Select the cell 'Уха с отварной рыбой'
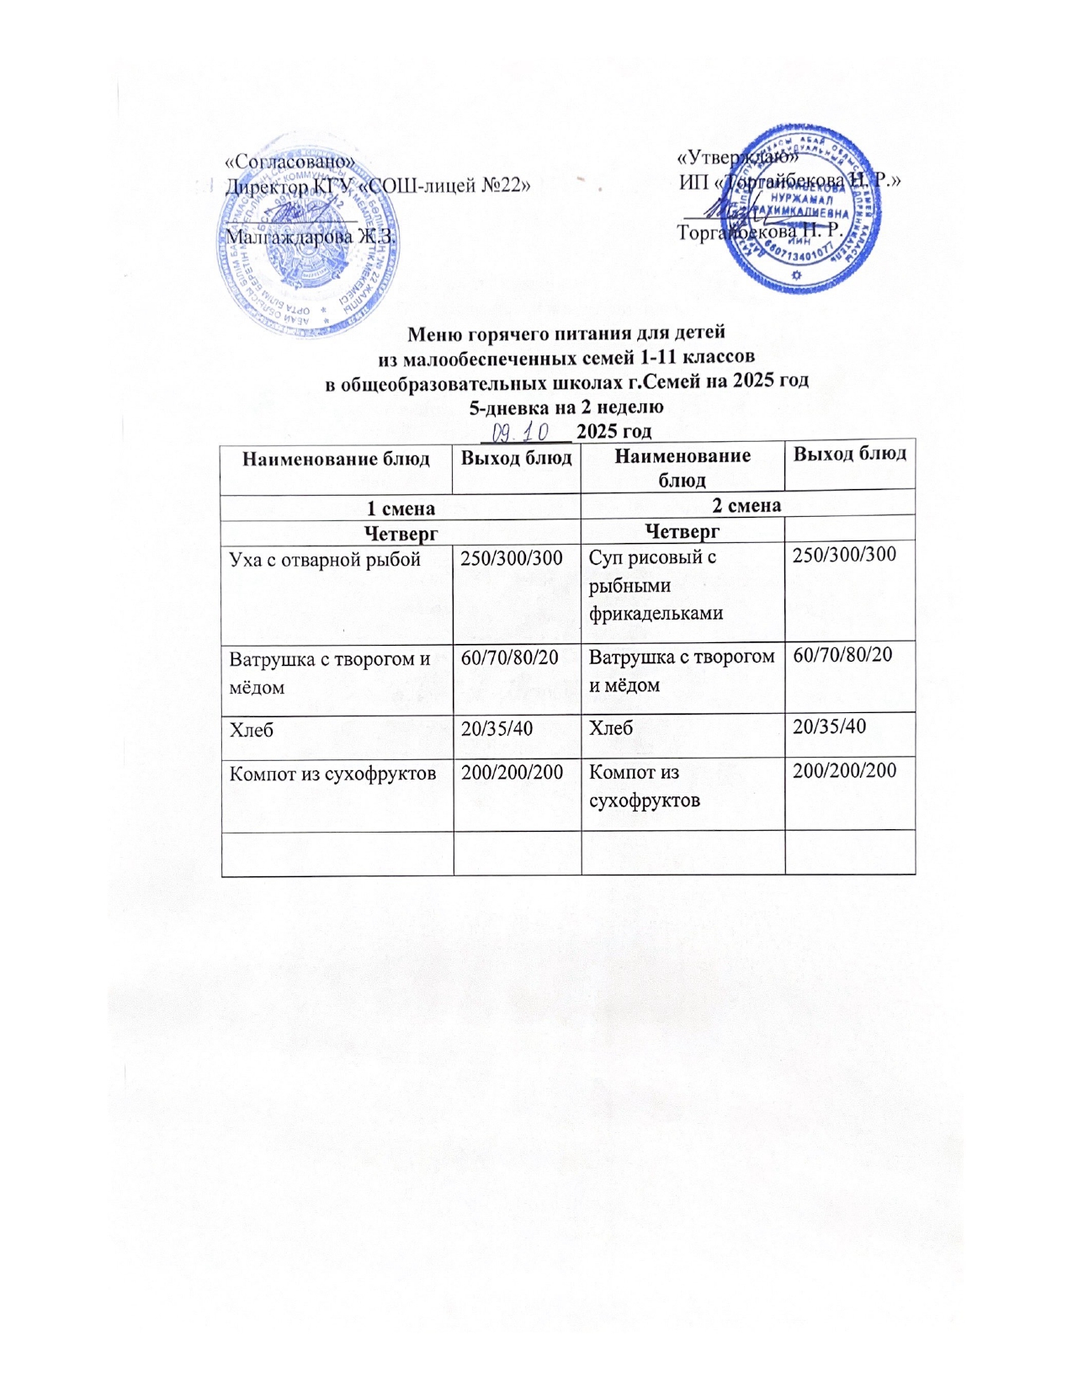325,560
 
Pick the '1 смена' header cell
401,508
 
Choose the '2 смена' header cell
746,505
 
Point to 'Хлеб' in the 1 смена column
252,729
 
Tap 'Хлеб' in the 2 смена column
611,726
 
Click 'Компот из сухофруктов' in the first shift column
333,772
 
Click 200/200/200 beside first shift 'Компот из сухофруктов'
512,771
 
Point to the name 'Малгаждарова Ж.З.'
310,237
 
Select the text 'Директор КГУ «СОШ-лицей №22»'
378,186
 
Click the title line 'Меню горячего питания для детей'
566,333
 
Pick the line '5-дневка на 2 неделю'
566,407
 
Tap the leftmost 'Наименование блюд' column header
336,459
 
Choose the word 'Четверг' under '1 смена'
401,532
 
